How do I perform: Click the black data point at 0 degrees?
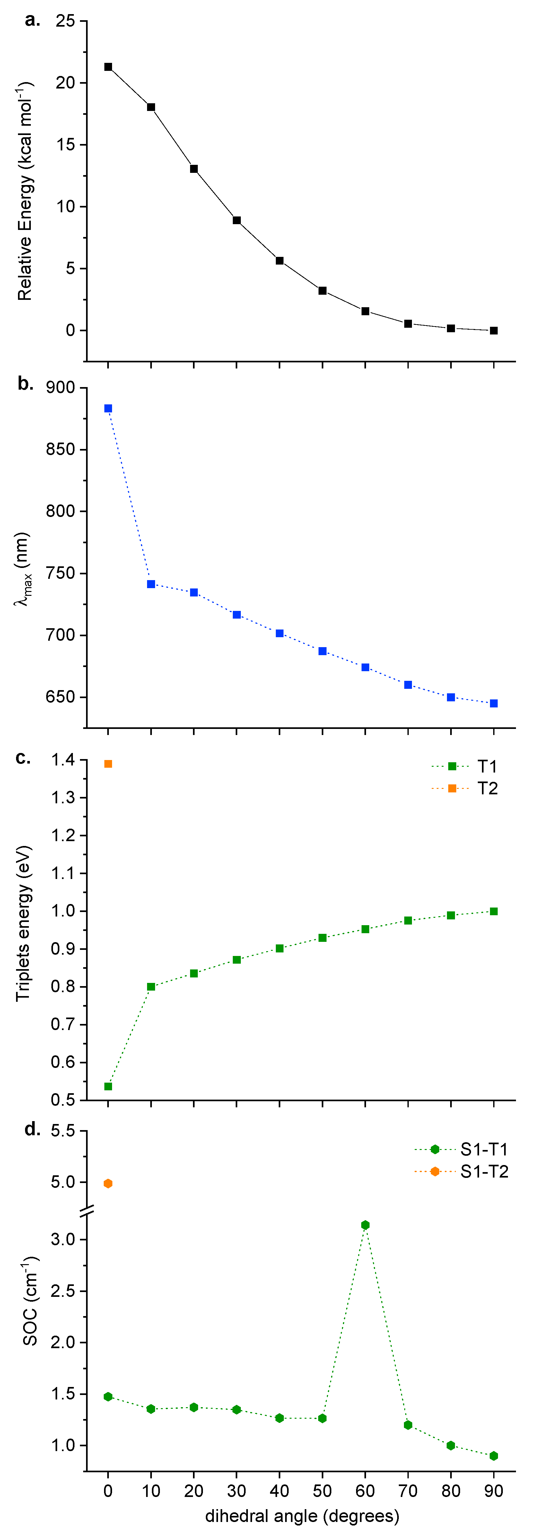click(108, 67)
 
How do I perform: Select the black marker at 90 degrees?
click(494, 330)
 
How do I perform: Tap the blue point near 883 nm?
click(108, 408)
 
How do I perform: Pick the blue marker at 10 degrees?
click(151, 584)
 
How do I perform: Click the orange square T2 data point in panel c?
click(108, 764)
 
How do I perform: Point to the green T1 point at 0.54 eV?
click(108, 1086)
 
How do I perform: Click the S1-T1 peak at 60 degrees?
click(365, 1225)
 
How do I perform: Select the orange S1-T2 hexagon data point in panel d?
click(108, 1183)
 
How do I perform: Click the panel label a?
click(32, 21)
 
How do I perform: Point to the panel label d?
click(32, 1129)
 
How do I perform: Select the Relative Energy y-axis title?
click(25, 191)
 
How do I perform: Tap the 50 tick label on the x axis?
click(322, 1491)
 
